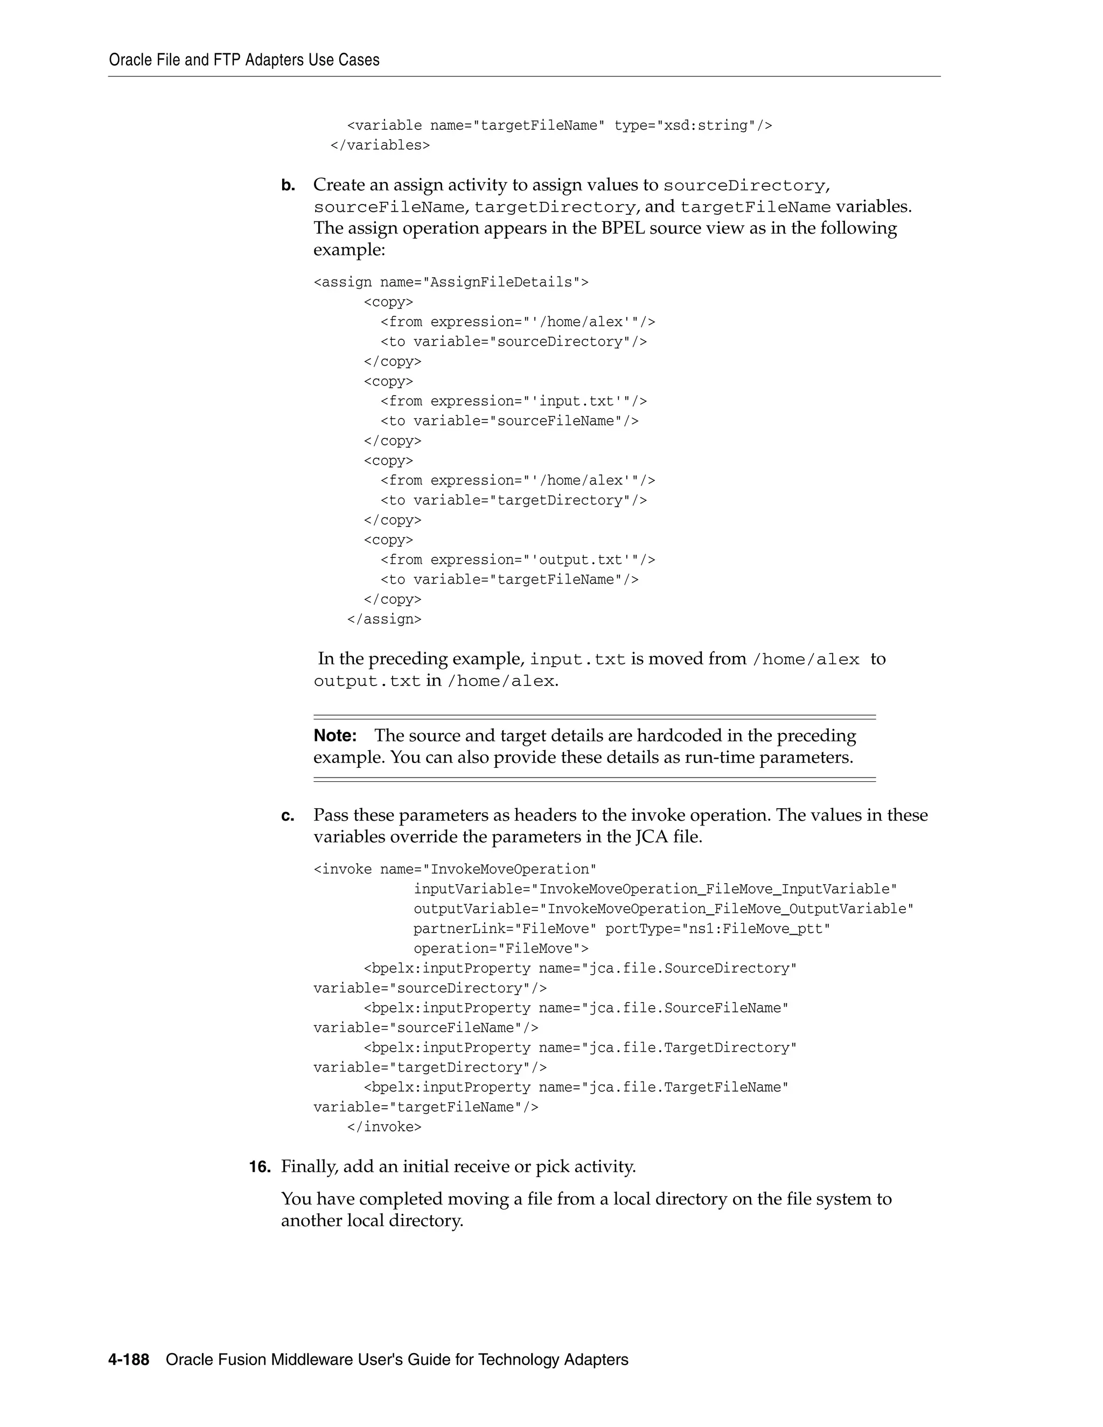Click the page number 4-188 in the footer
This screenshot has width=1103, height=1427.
[x=129, y=1360]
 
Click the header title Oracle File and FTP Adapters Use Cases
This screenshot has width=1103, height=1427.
[x=244, y=60]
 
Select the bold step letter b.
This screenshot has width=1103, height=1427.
[x=288, y=186]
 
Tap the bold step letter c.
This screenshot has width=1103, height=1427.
[x=288, y=816]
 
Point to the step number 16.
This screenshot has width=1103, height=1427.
[x=260, y=1167]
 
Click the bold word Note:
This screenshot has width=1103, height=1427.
[x=335, y=736]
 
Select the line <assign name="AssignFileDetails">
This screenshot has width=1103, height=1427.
[x=451, y=282]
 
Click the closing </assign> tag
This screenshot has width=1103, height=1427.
[x=384, y=619]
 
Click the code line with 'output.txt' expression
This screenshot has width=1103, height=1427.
[x=518, y=560]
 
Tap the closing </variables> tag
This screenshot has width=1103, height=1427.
[x=380, y=145]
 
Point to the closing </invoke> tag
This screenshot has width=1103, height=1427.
[x=384, y=1127]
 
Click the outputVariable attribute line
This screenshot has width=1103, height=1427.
[x=663, y=910]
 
